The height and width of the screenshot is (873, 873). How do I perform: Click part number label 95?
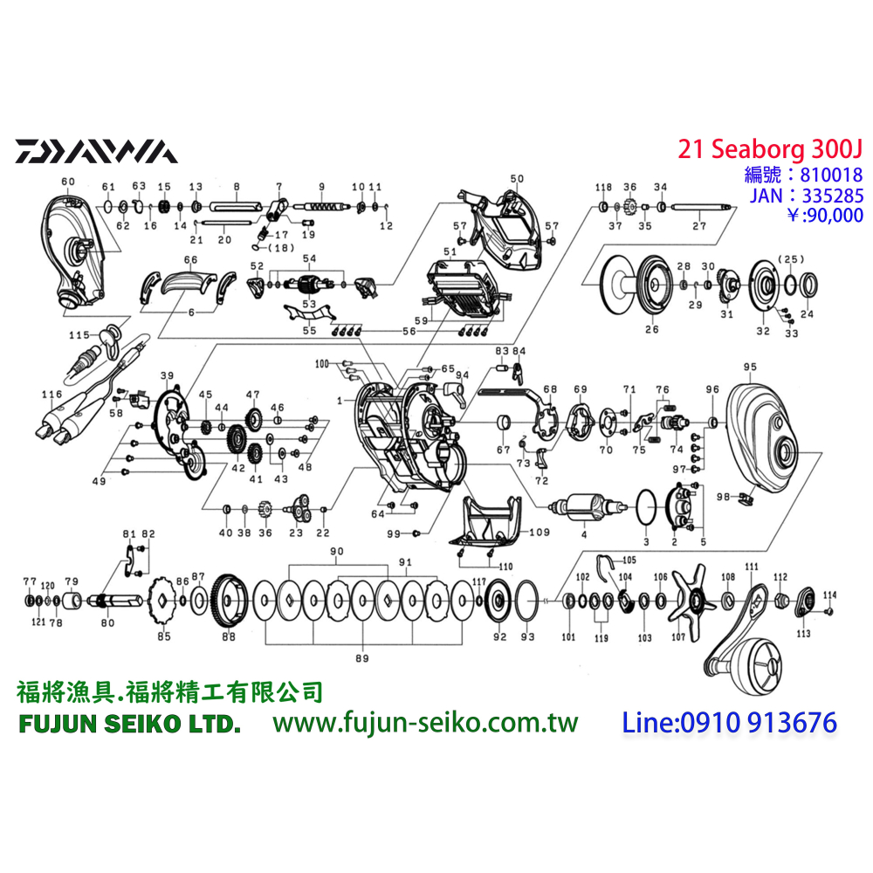(750, 366)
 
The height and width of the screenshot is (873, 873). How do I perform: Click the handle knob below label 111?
(760, 663)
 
